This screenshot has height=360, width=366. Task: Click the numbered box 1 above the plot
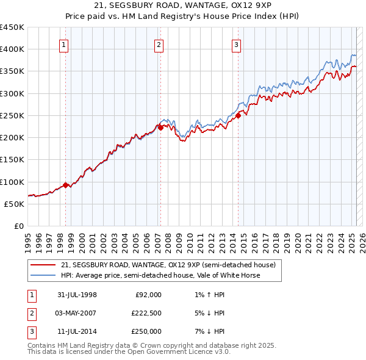pos(64,44)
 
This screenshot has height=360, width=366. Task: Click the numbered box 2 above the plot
pos(159,44)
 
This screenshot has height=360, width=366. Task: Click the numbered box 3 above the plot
pos(236,44)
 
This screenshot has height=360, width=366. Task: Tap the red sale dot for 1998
pos(66,185)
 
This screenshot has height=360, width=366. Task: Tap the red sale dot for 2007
pos(160,128)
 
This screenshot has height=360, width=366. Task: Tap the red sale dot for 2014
pos(238,115)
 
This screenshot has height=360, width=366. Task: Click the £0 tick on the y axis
pos(18,226)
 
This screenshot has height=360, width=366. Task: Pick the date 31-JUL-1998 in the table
pos(77,295)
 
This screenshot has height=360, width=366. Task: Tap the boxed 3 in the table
pos(30,331)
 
